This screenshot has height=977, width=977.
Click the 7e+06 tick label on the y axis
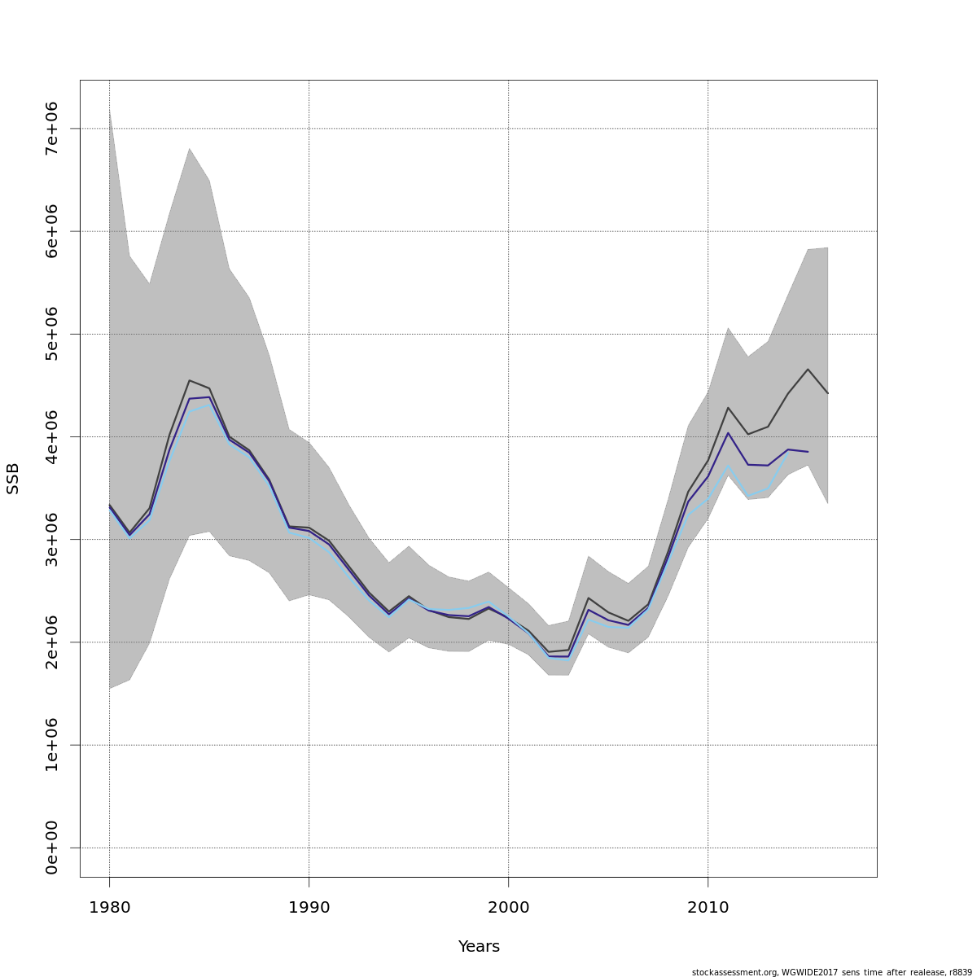pyautogui.click(x=51, y=129)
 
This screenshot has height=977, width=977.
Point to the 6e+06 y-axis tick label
pyautogui.click(x=51, y=231)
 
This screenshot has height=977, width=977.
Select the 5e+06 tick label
pyautogui.click(x=51, y=334)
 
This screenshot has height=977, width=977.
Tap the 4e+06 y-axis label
pyautogui.click(x=51, y=436)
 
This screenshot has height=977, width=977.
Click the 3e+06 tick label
pyautogui.click(x=51, y=539)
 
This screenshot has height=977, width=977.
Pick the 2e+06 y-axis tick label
pyautogui.click(x=51, y=642)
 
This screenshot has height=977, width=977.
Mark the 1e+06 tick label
pyautogui.click(x=51, y=745)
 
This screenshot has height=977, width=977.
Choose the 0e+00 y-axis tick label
pyautogui.click(x=51, y=848)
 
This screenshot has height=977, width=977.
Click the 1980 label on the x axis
pyautogui.click(x=109, y=907)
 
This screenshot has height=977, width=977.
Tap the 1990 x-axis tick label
pyautogui.click(x=309, y=907)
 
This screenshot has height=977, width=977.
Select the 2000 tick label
pyautogui.click(x=508, y=907)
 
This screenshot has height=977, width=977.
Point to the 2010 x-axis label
pyautogui.click(x=708, y=907)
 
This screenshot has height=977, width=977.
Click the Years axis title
pyautogui.click(x=479, y=947)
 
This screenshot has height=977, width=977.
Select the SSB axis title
pyautogui.click(x=13, y=479)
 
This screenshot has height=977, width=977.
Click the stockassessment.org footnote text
pyautogui.click(x=831, y=972)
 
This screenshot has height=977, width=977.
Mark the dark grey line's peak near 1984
pyautogui.click(x=189, y=380)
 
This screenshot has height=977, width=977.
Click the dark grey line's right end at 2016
pyautogui.click(x=827, y=393)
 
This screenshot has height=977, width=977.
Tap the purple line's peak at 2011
pyautogui.click(x=728, y=432)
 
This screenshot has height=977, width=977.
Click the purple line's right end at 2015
pyautogui.click(x=808, y=451)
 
